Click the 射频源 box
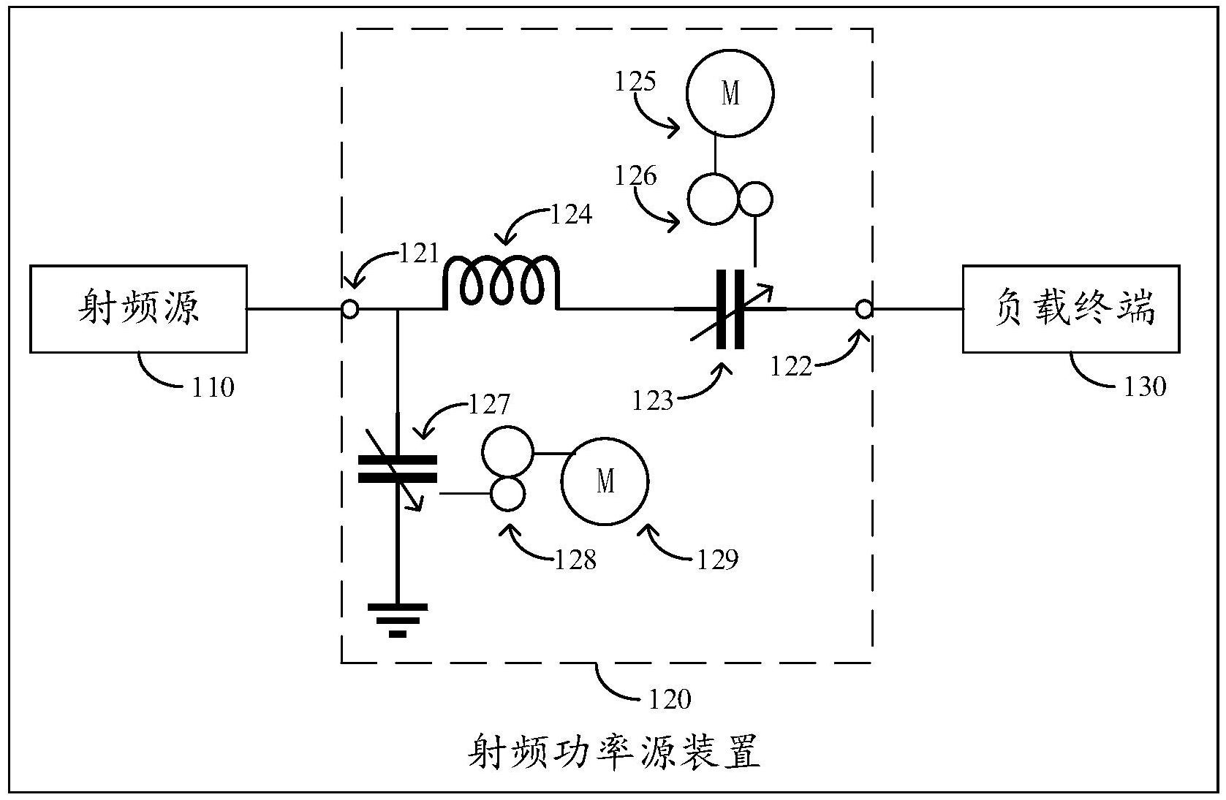pyautogui.click(x=138, y=309)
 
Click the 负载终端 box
pyautogui.click(x=1071, y=309)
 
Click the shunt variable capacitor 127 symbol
pyautogui.click(x=397, y=469)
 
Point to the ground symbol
pyautogui.click(x=397, y=618)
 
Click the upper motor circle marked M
pyautogui.click(x=730, y=94)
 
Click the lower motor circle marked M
pyautogui.click(x=605, y=481)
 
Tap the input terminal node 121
pyautogui.click(x=350, y=310)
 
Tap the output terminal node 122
pyautogui.click(x=864, y=310)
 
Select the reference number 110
pyautogui.click(x=213, y=386)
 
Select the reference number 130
pyautogui.click(x=1144, y=385)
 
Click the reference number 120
pyautogui.click(x=669, y=699)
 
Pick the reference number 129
pyautogui.click(x=717, y=560)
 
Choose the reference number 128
pyautogui.click(x=575, y=560)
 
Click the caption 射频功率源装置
pyautogui.click(x=614, y=753)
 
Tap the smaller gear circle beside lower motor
pyautogui.click(x=507, y=494)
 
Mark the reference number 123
pyautogui.click(x=653, y=400)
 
